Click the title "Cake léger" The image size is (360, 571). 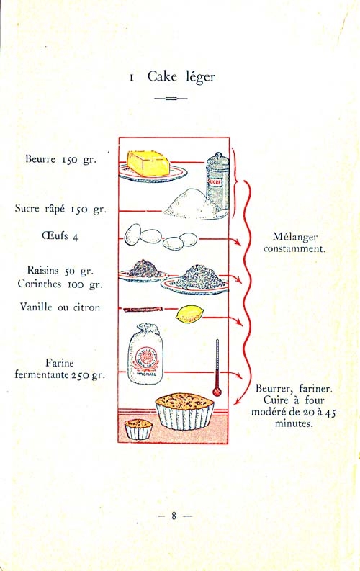tap(181, 77)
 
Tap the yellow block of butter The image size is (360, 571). tap(148, 163)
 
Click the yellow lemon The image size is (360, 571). tap(189, 314)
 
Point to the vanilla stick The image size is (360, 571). tap(143, 310)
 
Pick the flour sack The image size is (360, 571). tap(145, 354)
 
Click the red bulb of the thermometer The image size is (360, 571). tap(217, 392)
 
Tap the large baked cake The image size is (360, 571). tap(184, 411)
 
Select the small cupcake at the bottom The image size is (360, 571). tap(138, 429)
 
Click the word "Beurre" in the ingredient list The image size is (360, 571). tap(40, 159)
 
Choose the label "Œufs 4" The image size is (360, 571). tap(60, 236)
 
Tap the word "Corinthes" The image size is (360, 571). tap(40, 284)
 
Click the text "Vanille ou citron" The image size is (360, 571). tap(60, 307)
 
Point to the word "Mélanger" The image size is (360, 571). tap(295, 238)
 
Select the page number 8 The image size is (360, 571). tap(174, 516)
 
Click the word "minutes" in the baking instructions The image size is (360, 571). tap(293, 423)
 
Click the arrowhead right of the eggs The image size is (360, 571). tap(238, 242)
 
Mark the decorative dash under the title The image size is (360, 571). tap(171, 99)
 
